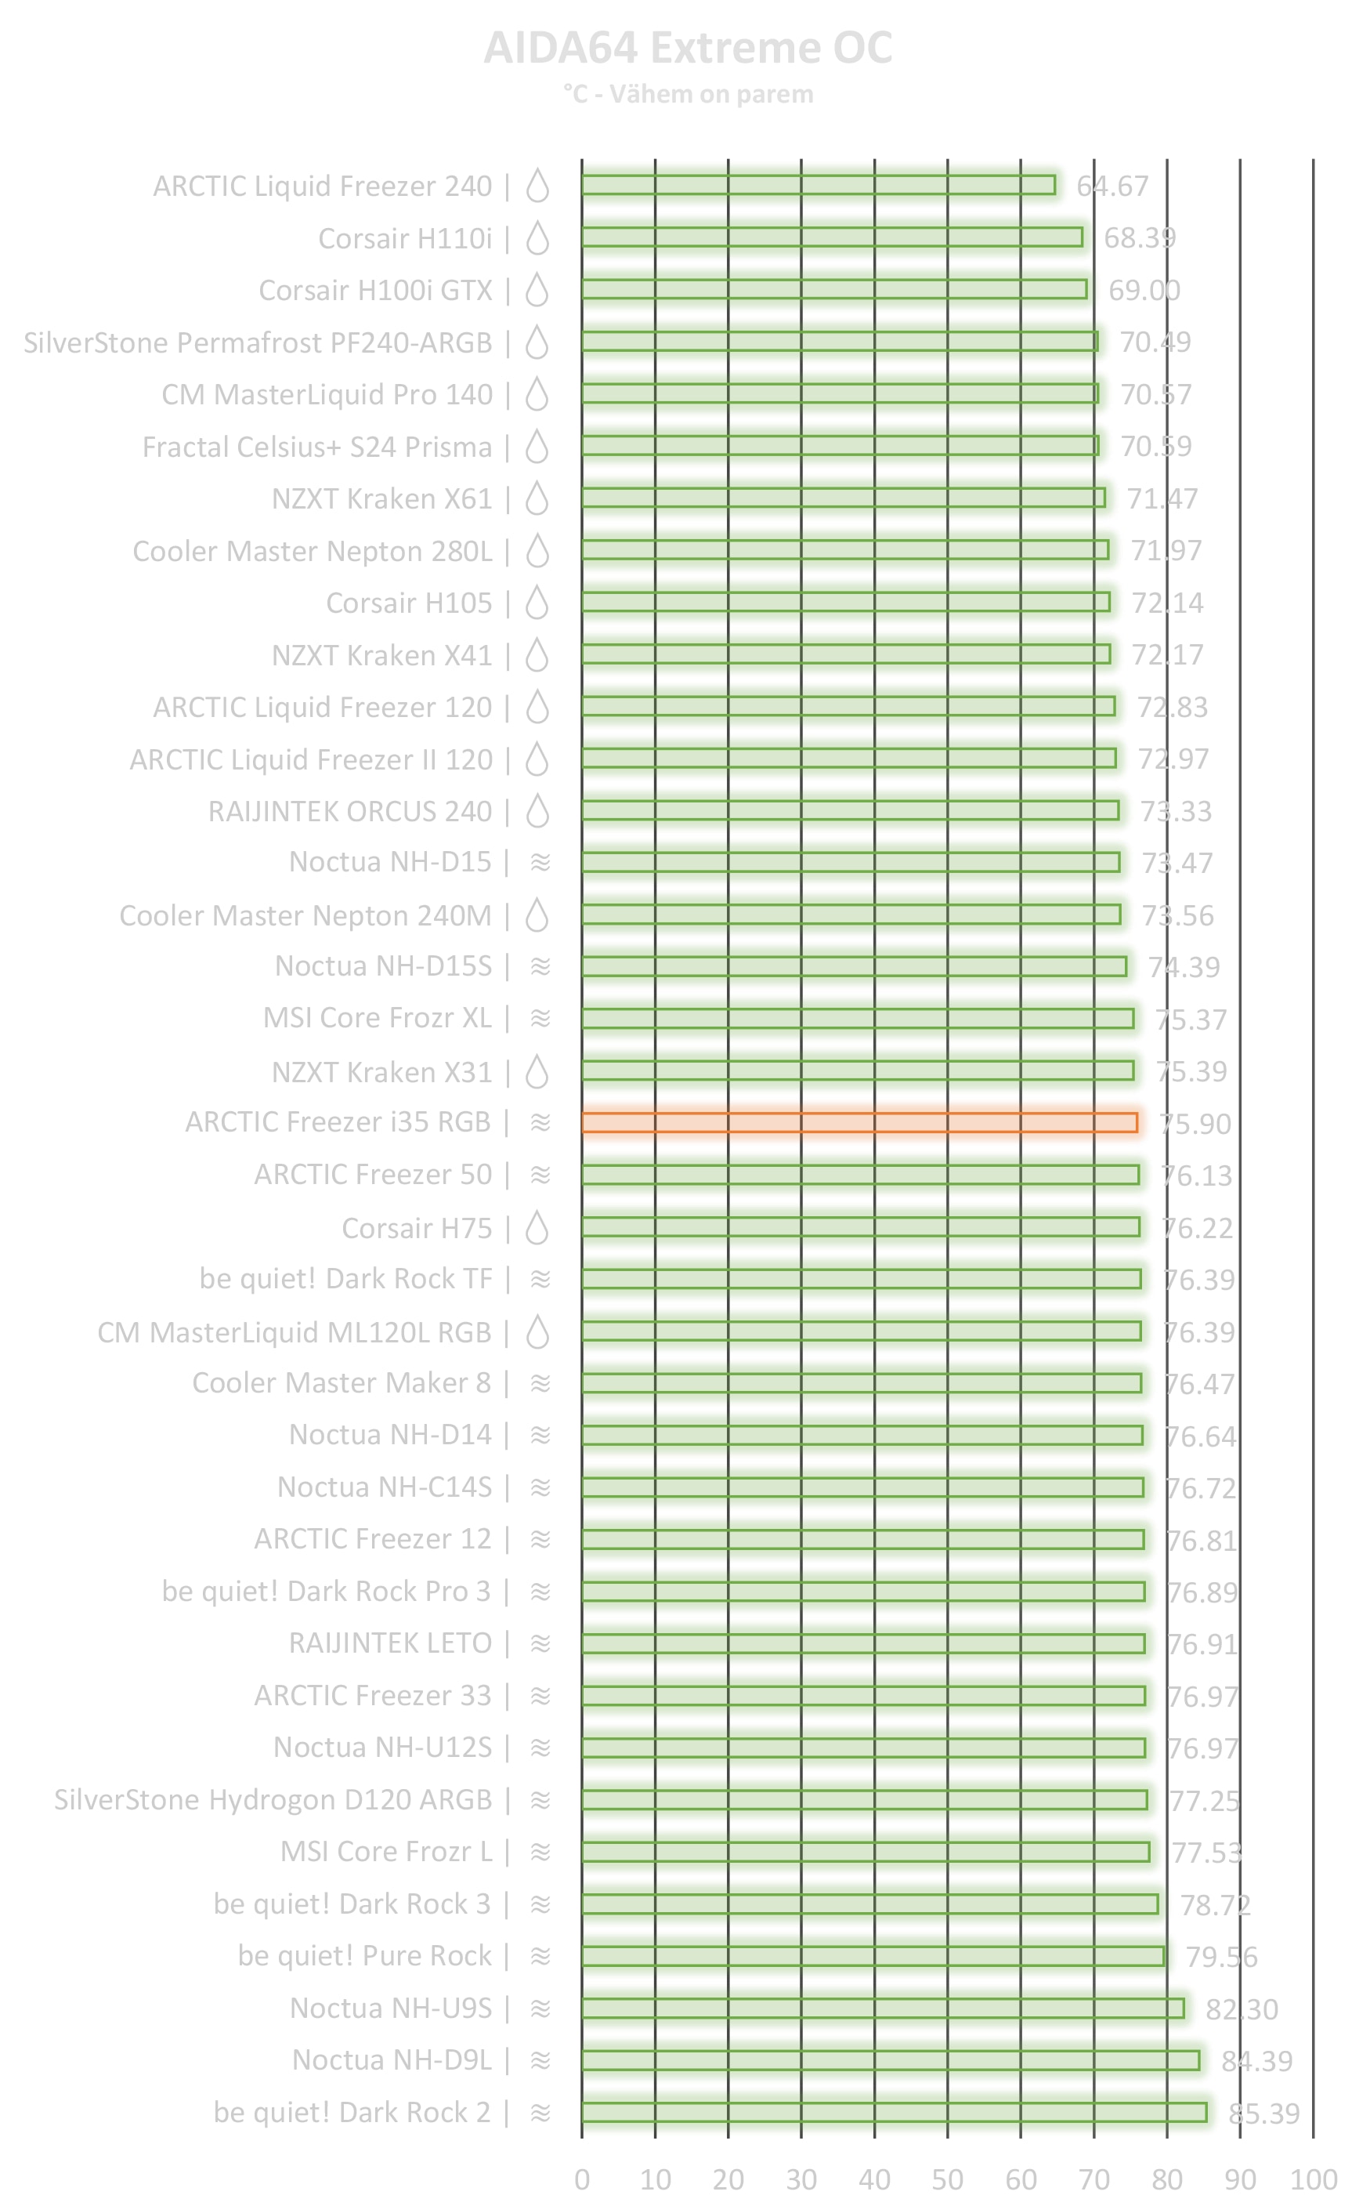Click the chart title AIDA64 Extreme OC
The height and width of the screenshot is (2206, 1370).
point(688,48)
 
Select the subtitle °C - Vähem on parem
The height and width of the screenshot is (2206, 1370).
point(688,94)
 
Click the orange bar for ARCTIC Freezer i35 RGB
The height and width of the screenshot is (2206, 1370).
point(859,1123)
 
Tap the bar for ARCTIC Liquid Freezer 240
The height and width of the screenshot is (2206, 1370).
point(819,185)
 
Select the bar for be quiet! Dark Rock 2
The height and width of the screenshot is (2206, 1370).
point(894,2113)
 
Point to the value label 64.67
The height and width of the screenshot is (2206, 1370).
point(1112,186)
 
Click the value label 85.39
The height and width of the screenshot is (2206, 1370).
point(1263,2114)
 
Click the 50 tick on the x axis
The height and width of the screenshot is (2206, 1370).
point(947,2179)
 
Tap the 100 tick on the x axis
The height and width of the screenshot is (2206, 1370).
point(1313,2179)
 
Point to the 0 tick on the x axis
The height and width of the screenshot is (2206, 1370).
point(582,2179)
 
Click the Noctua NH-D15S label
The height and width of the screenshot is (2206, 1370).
point(383,966)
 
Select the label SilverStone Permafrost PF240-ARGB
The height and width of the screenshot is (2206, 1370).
point(258,342)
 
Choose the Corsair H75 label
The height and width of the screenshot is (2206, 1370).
point(417,1228)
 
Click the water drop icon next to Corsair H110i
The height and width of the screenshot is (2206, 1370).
point(538,237)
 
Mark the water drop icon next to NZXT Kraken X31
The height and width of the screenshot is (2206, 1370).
point(538,1071)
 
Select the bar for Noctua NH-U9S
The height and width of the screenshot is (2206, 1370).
point(883,2009)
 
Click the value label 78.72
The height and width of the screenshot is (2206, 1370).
point(1214,1905)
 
